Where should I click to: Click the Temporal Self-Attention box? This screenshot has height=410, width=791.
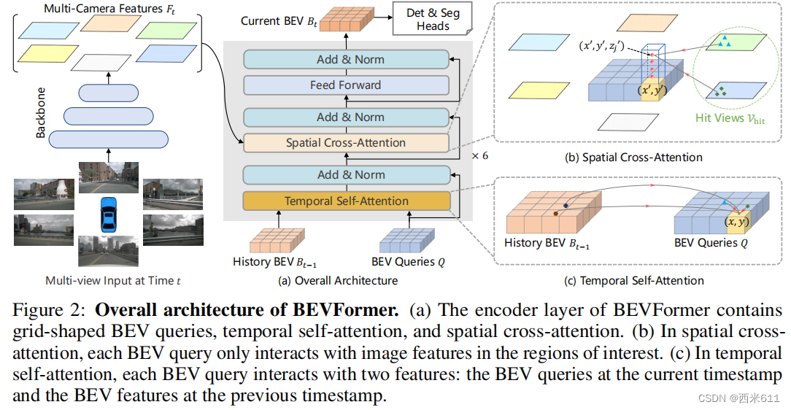[x=346, y=201]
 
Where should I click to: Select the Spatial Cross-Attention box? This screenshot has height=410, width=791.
[x=346, y=143]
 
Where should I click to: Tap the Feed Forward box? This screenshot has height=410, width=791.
[x=346, y=85]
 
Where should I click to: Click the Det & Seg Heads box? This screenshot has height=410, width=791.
[x=433, y=20]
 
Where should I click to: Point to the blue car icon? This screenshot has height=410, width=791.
[x=109, y=212]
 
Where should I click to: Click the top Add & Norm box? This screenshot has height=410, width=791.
[x=346, y=59]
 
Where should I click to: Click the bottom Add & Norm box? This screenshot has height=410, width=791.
[x=346, y=174]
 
